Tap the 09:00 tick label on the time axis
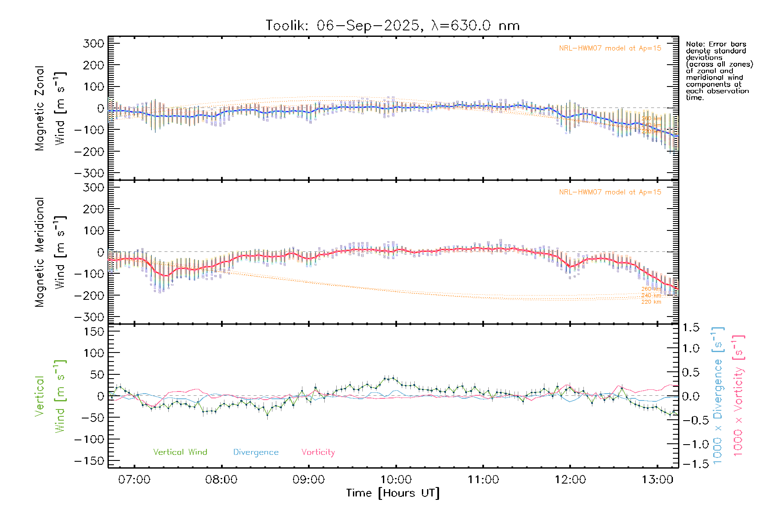coord(308,480)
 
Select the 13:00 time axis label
coord(657,480)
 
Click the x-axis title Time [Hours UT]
coord(393,493)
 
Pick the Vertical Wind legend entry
coord(180,452)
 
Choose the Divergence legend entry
coord(256,452)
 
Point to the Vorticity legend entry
coord(318,452)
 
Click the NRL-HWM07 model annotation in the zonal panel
coord(610,48)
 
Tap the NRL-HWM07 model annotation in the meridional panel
coord(610,192)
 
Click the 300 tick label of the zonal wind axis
coord(93,43)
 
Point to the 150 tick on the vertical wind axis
coord(93,332)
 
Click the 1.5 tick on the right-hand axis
coord(690,328)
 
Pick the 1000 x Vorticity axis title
coord(738,396)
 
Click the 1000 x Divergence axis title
coord(718,396)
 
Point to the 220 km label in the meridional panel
coord(651,302)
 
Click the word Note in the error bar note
coord(694,44)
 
